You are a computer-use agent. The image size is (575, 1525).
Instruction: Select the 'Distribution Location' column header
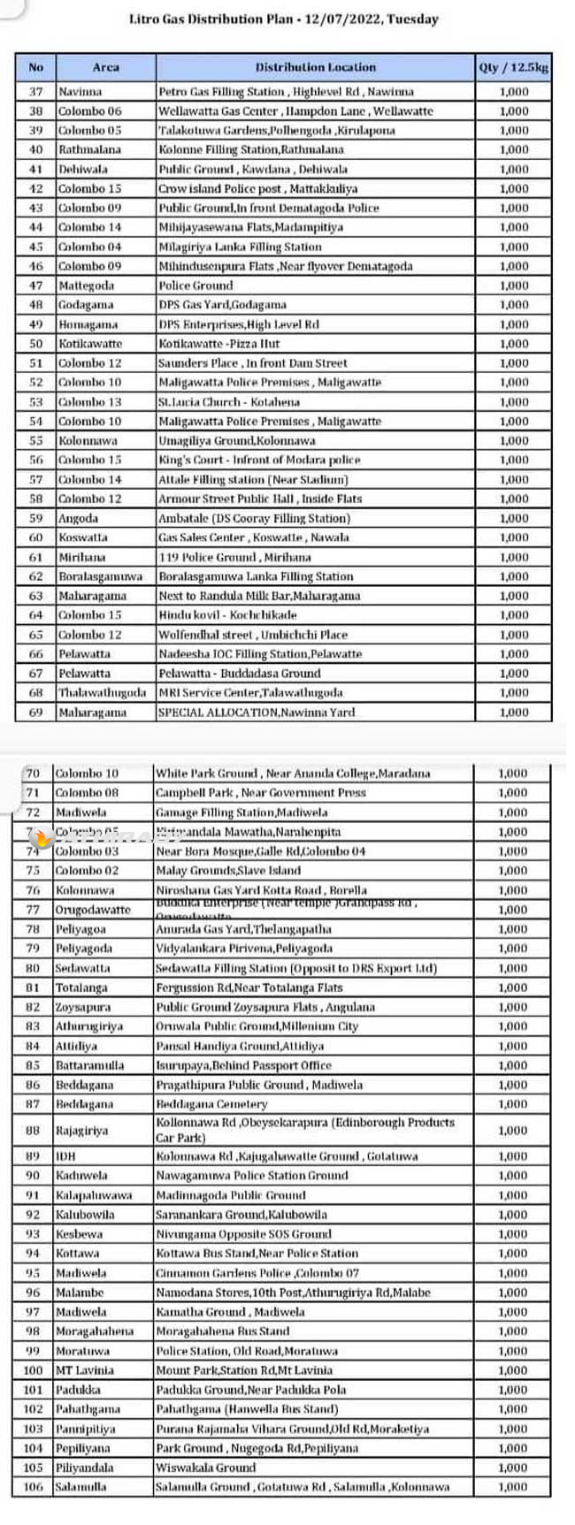(x=315, y=67)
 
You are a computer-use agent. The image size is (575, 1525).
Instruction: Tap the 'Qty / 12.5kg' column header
(x=513, y=67)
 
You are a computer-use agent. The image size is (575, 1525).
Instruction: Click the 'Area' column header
(x=105, y=67)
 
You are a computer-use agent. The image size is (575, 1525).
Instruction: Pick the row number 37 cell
(x=35, y=91)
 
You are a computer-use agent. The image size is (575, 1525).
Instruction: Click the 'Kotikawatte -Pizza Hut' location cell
(x=218, y=344)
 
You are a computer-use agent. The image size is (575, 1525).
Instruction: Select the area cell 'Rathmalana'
(x=89, y=149)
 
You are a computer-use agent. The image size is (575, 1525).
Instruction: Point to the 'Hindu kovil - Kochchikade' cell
(x=227, y=615)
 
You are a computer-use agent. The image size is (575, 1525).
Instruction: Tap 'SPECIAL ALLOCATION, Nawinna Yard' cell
(x=256, y=713)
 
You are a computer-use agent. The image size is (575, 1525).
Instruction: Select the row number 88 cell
(x=33, y=1131)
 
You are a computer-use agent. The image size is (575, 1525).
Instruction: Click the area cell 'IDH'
(x=65, y=1156)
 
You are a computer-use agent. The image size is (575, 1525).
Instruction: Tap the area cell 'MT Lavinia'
(x=84, y=1370)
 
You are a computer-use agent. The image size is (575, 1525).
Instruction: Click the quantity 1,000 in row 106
(x=512, y=1487)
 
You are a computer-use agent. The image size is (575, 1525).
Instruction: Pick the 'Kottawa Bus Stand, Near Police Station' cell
(x=257, y=1254)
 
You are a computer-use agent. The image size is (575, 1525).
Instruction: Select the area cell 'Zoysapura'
(x=83, y=1007)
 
